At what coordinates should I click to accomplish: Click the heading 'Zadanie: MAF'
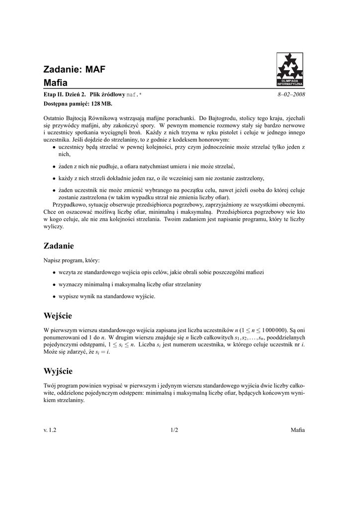(x=75, y=70)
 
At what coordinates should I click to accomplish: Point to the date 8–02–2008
(x=291, y=94)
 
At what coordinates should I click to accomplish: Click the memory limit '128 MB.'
(x=102, y=103)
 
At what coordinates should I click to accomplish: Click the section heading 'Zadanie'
(x=59, y=246)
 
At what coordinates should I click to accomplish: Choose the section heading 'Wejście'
(x=58, y=316)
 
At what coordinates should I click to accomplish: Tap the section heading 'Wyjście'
(x=58, y=371)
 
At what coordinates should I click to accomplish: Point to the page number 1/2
(x=174, y=430)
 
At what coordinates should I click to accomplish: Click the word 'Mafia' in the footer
(x=298, y=430)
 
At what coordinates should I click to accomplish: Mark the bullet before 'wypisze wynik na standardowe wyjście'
(x=54, y=296)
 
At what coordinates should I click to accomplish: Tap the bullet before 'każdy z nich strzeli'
(x=54, y=178)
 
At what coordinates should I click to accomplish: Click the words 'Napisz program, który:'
(x=72, y=260)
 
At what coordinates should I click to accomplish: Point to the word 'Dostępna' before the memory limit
(x=57, y=103)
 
